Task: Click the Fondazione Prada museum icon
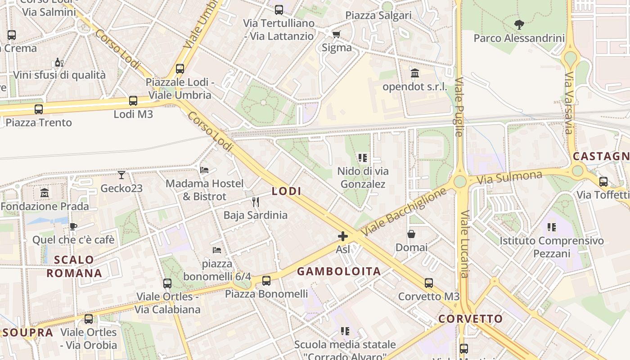tap(45, 193)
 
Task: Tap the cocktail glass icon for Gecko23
tap(121, 175)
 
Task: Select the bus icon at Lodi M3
tap(133, 101)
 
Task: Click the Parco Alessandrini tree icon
tap(519, 25)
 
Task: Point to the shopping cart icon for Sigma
tap(336, 34)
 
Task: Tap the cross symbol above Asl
tap(343, 236)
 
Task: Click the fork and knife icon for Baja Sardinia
tap(256, 202)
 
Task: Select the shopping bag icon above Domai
tap(411, 234)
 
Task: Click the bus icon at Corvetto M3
tap(429, 283)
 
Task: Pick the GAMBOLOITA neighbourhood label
tap(339, 271)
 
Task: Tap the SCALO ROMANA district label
tap(74, 266)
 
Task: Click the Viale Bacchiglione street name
tap(405, 211)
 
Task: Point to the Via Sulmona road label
tap(509, 177)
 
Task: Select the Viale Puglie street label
tap(459, 107)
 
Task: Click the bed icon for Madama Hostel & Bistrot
tap(204, 170)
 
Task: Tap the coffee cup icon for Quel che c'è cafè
tap(73, 226)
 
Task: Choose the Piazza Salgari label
tap(378, 15)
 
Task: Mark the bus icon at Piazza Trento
tap(39, 109)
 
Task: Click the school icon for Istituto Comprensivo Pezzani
tap(552, 227)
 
